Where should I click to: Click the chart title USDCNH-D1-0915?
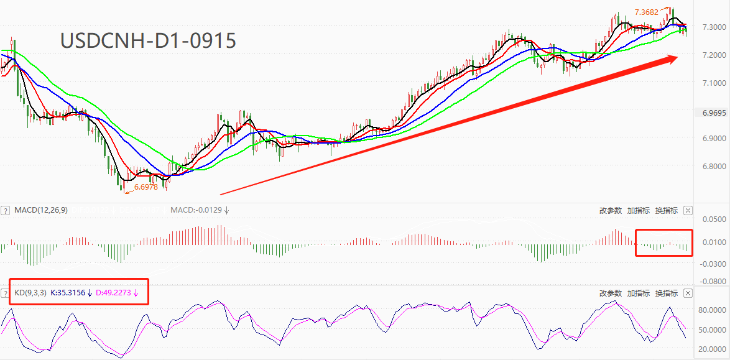[148, 41]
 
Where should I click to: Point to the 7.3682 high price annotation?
[646, 12]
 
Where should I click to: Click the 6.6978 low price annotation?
[146, 187]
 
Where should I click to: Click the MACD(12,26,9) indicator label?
[40, 210]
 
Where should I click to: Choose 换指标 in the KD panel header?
[666, 293]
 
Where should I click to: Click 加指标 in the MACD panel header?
[638, 210]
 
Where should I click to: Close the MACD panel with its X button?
[688, 210]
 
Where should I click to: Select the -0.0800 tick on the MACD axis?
[713, 281]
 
